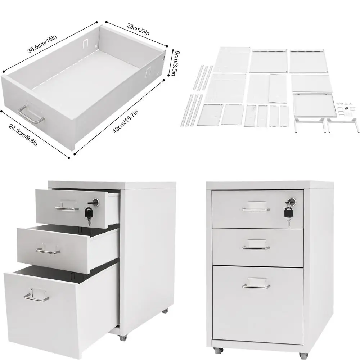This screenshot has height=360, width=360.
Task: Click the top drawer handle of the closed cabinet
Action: click(256, 209)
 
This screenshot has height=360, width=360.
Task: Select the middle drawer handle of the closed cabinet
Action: click(256, 247)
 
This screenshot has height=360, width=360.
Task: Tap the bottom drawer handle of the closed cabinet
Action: click(256, 286)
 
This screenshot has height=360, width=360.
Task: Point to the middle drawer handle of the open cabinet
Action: click(48, 251)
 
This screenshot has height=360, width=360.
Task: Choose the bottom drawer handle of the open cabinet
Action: click(36, 298)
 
